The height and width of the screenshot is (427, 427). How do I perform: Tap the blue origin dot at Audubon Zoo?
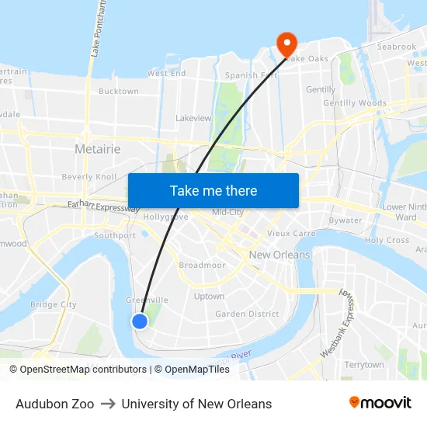pyautogui.click(x=140, y=321)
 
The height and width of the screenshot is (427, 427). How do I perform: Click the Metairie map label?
pyautogui.click(x=97, y=148)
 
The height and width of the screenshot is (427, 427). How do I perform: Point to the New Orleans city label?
pyautogui.click(x=279, y=255)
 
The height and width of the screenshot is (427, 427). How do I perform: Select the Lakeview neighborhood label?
pyautogui.click(x=193, y=118)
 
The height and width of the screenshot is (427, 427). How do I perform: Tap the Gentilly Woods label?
pyautogui.click(x=354, y=102)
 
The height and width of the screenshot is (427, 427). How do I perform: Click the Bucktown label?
pyautogui.click(x=119, y=91)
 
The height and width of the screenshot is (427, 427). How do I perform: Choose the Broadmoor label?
pyautogui.click(x=202, y=265)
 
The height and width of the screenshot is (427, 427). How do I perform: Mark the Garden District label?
pyautogui.click(x=247, y=314)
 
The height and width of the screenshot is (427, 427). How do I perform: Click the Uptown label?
pyautogui.click(x=209, y=296)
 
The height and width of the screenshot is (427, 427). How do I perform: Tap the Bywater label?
pyautogui.click(x=345, y=220)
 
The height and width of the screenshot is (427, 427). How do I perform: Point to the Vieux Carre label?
pyautogui.click(x=291, y=233)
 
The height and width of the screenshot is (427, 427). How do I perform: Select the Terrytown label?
pyautogui.click(x=364, y=364)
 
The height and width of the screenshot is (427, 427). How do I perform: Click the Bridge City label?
pyautogui.click(x=54, y=305)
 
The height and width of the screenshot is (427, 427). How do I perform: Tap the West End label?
pyautogui.click(x=166, y=74)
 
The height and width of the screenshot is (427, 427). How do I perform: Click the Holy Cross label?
pyautogui.click(x=387, y=240)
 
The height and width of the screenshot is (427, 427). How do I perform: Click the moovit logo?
pyautogui.click(x=380, y=403)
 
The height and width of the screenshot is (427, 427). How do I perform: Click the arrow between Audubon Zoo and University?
pyautogui.click(x=108, y=404)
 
